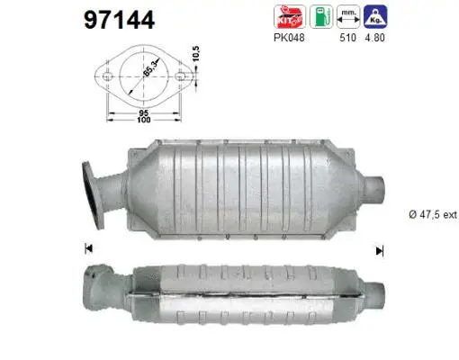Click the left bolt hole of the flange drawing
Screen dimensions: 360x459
[x=107, y=77]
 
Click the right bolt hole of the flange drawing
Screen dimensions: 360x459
[x=181, y=77]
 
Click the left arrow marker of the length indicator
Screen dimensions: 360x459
[x=88, y=248]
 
